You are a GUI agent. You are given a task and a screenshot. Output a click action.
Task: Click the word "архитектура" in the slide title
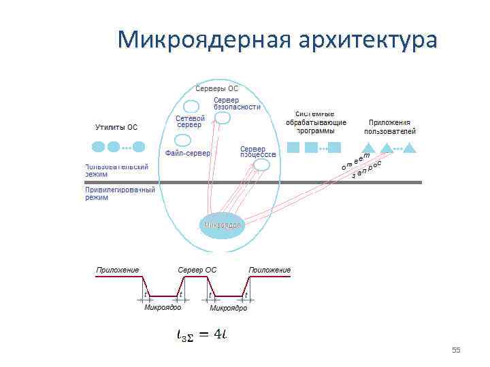pyautogui.click(x=367, y=41)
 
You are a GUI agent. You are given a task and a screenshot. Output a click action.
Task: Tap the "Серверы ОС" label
pyautogui.click(x=216, y=89)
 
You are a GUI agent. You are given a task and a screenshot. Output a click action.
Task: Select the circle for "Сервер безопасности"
pyautogui.click(x=222, y=118)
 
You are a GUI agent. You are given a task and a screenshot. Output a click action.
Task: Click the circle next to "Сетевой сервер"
pyautogui.click(x=192, y=107)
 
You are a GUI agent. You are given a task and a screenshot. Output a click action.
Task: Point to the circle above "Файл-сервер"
pyautogui.click(x=182, y=141)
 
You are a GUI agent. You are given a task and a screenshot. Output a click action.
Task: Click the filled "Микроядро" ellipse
pyautogui.click(x=222, y=224)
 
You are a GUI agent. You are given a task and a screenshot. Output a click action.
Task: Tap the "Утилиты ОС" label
pyautogui.click(x=116, y=127)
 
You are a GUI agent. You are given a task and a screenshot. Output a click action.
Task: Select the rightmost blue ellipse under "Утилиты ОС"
pyautogui.click(x=139, y=146)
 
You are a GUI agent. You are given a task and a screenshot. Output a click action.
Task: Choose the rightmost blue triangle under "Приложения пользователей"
pyautogui.click(x=409, y=147)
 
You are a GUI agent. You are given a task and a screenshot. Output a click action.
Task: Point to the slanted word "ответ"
pyautogui.click(x=355, y=162)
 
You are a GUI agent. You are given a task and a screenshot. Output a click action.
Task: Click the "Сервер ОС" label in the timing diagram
pyautogui.click(x=197, y=270)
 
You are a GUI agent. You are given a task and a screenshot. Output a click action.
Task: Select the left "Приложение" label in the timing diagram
pyautogui.click(x=118, y=270)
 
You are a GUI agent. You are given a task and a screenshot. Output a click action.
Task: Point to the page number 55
pyautogui.click(x=456, y=350)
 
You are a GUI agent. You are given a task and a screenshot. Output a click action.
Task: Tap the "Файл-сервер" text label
pyautogui.click(x=188, y=153)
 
